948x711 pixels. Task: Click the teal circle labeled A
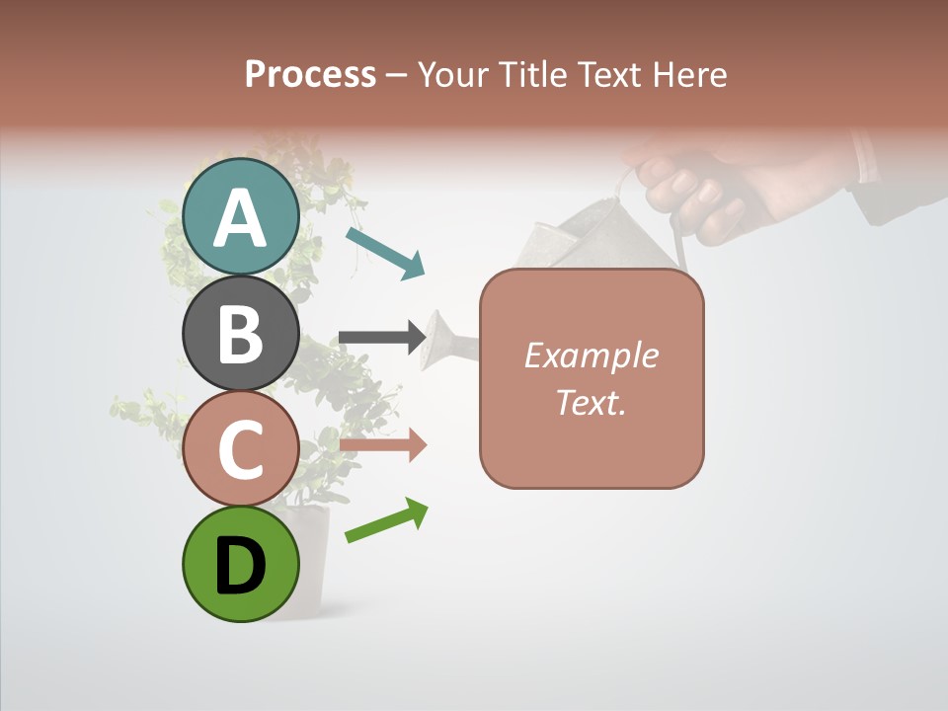241,216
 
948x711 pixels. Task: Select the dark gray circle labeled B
241,333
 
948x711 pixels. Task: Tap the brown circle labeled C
241,449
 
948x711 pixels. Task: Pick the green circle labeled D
241,565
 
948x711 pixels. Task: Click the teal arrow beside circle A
385,253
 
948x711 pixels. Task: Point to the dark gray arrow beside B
382,338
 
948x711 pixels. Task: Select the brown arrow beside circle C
382,445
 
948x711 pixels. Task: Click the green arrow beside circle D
386,520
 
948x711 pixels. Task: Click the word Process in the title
310,74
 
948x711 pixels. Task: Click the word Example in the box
592,355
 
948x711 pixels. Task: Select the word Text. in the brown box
592,402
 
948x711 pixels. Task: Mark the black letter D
241,566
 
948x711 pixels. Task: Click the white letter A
241,217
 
